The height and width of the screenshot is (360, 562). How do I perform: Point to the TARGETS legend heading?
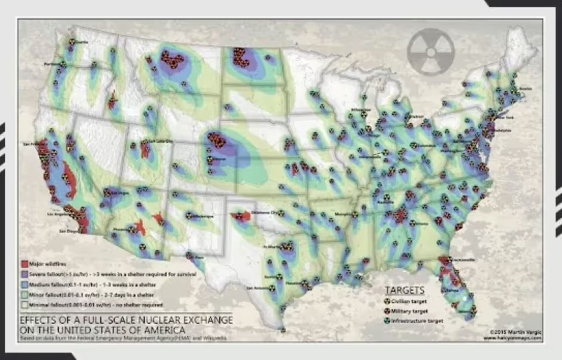coord(405,290)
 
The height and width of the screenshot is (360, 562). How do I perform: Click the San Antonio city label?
coord(256,287)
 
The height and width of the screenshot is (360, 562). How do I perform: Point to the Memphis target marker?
coord(355,214)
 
